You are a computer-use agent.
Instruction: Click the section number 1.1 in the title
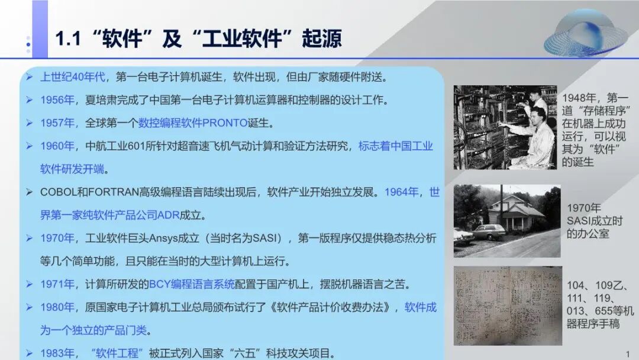(x=67, y=39)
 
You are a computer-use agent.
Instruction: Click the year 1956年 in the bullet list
(x=57, y=100)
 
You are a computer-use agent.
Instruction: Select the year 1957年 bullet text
(x=57, y=123)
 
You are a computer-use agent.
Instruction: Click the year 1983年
(x=57, y=353)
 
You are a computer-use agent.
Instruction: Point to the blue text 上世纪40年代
(x=73, y=77)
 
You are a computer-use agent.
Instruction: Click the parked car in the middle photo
(x=489, y=232)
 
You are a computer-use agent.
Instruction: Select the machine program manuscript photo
(x=507, y=306)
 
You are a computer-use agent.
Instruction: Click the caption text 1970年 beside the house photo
(x=583, y=208)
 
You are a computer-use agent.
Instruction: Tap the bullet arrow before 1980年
(x=29, y=307)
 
